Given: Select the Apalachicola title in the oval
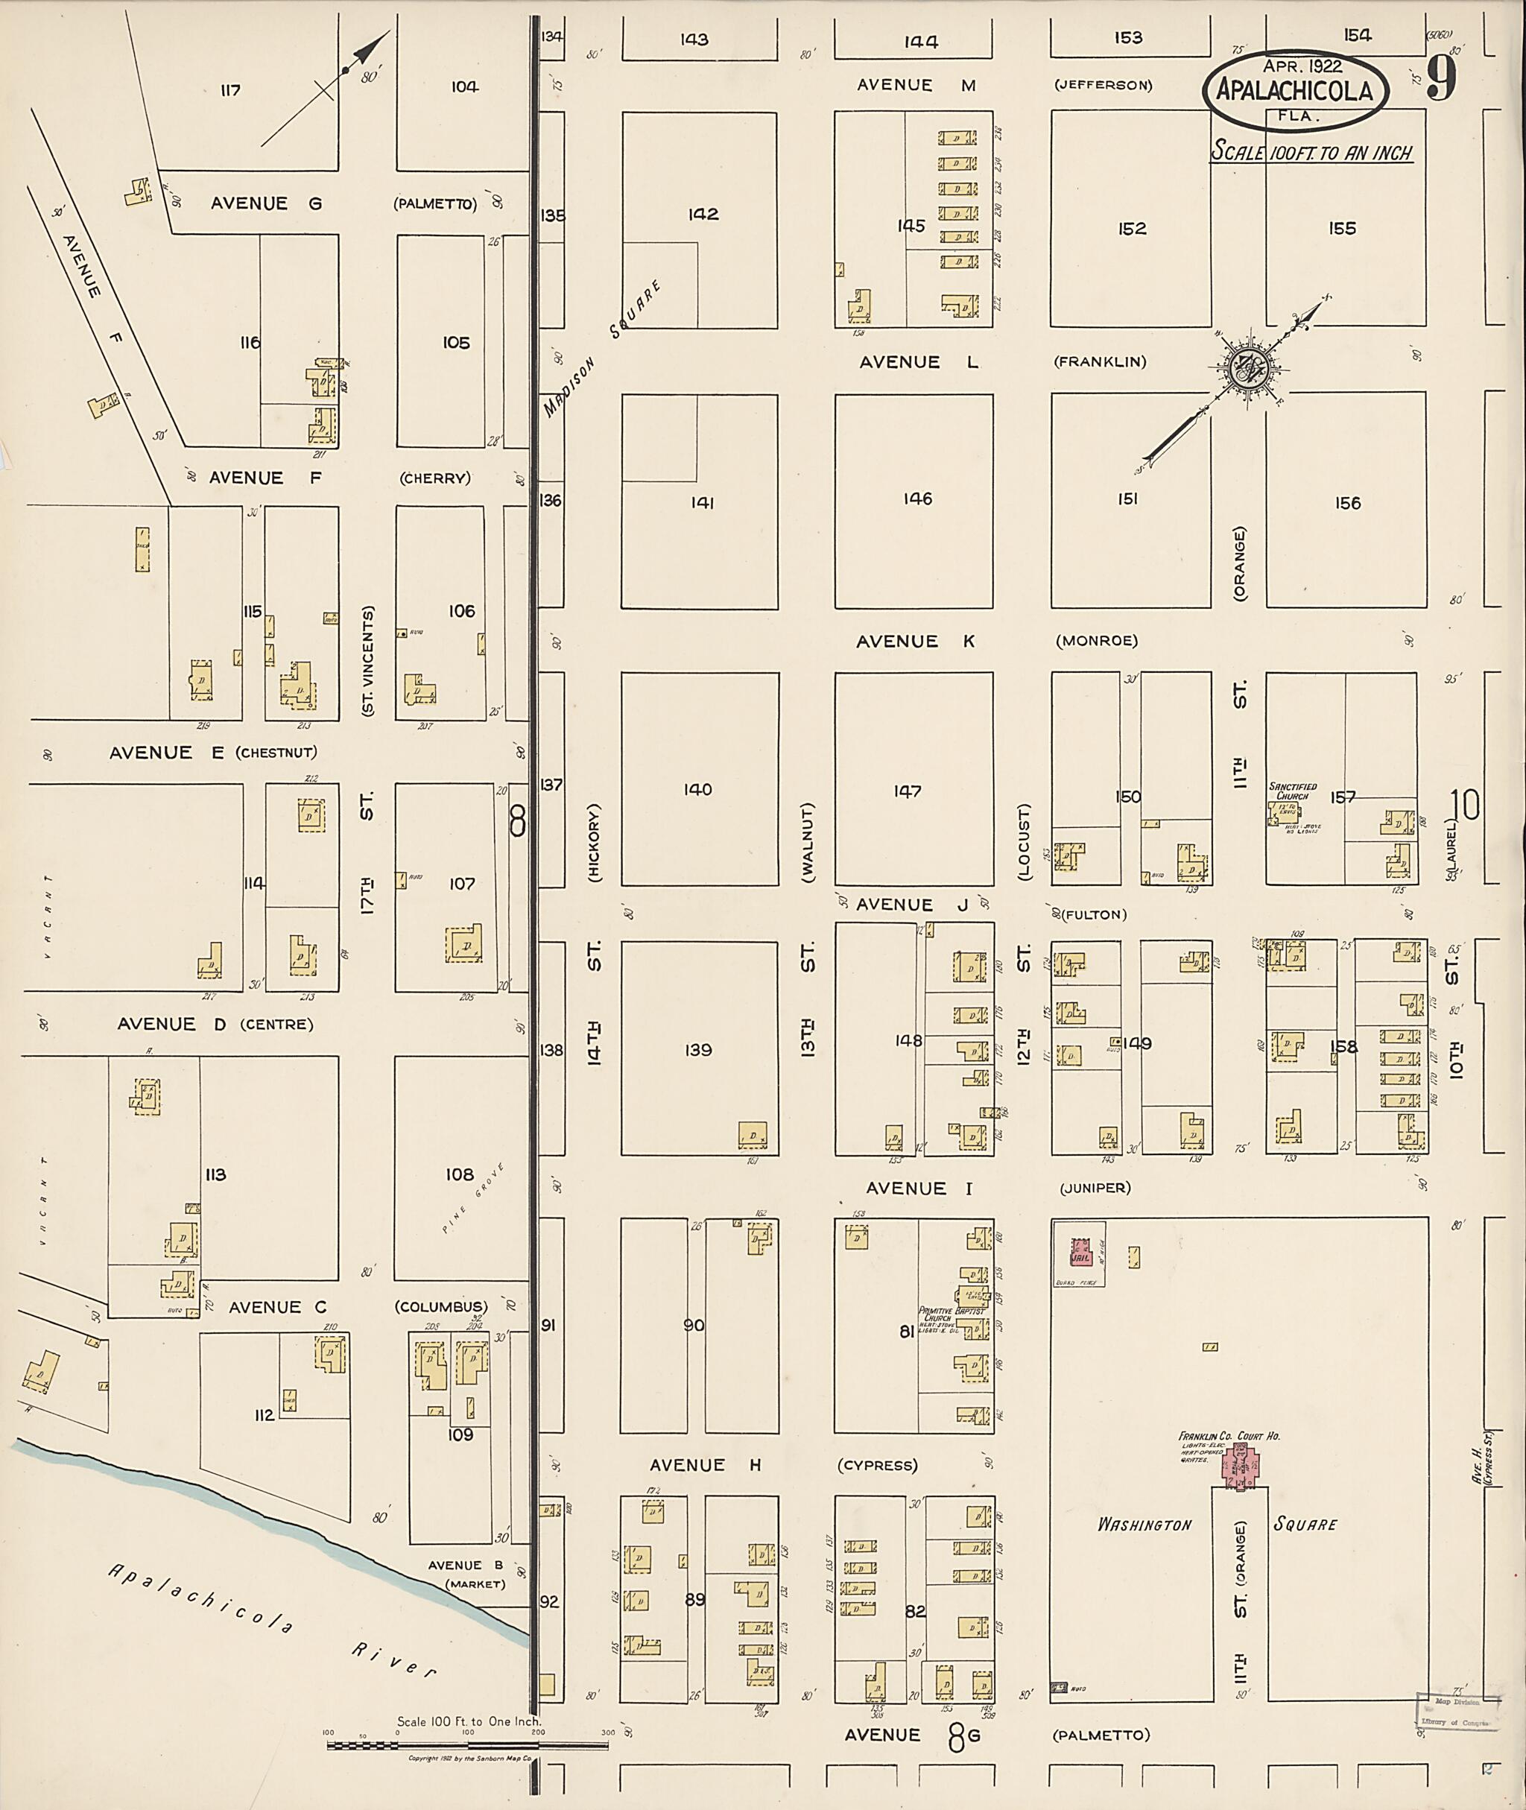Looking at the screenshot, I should click(x=1294, y=91).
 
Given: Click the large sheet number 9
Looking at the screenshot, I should click(x=1440, y=80).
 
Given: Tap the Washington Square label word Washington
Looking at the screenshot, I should click(x=1144, y=1525).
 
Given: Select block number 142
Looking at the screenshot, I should click(x=703, y=215).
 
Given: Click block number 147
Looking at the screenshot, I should click(x=908, y=791).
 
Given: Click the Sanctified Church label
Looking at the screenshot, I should click(x=1293, y=791).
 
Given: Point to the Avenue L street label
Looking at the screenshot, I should click(x=919, y=362).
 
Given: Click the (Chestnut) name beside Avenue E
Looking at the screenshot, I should click(x=276, y=753).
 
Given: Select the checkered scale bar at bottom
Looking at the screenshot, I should click(x=432, y=1746).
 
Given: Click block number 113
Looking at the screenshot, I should click(x=215, y=1175).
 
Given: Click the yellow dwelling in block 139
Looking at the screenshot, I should click(x=752, y=1135).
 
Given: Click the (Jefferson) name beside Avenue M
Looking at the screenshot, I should click(x=1103, y=86).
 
